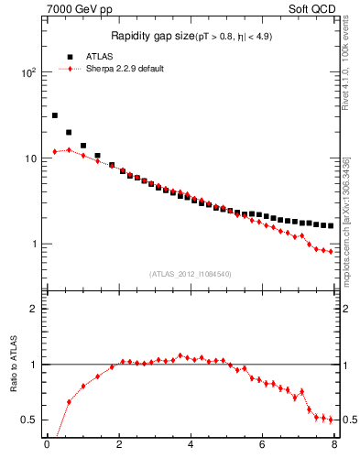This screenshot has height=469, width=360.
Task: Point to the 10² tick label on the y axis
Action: point(29,72)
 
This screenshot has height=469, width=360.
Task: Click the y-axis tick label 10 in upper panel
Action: point(32,158)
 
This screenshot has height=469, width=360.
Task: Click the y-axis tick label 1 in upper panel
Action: point(35,245)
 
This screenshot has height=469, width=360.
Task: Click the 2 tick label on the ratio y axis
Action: point(35,310)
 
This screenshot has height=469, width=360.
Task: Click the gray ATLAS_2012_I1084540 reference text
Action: point(191,274)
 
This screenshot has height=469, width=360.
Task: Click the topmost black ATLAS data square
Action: point(55,115)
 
